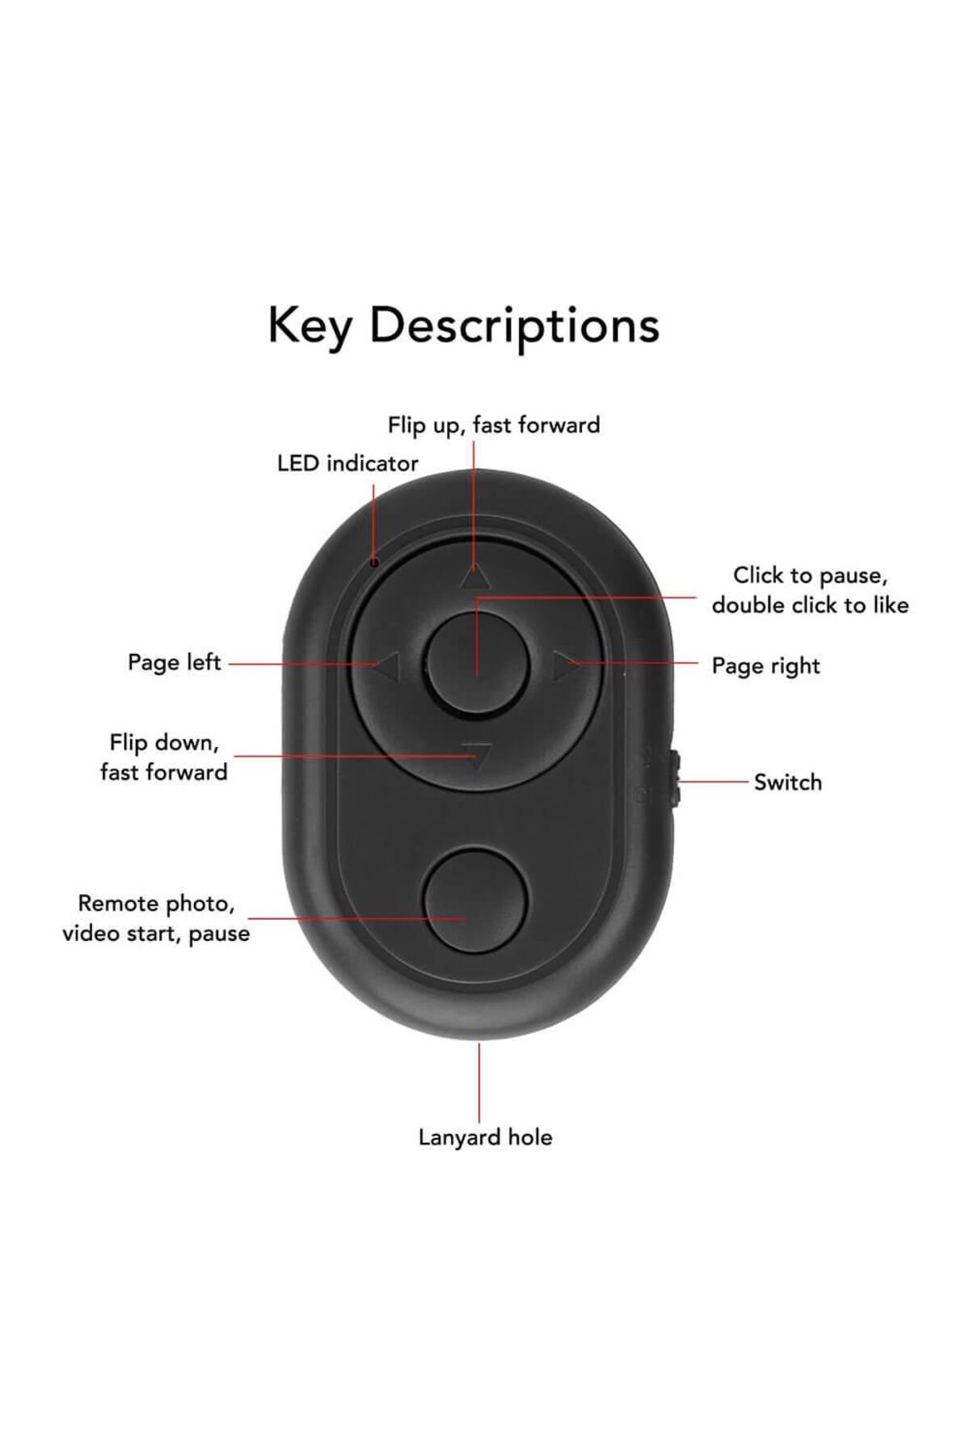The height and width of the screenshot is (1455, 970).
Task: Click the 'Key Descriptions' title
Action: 463,326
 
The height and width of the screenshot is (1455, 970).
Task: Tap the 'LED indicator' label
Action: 347,464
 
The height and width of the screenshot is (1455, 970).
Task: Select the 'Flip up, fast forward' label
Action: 493,425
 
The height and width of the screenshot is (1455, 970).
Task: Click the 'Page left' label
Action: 174,663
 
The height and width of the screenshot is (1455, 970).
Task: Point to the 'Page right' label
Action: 765,666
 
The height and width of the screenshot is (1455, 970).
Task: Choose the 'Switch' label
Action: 787,782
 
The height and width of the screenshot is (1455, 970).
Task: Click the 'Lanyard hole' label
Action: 485,1137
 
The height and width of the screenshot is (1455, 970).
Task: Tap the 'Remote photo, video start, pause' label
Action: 155,918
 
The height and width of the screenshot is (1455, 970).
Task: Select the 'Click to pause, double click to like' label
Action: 810,590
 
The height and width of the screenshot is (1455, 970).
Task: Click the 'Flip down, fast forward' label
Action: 163,757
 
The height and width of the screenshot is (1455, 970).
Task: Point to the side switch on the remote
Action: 676,779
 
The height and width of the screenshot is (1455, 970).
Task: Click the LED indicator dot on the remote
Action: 374,561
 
